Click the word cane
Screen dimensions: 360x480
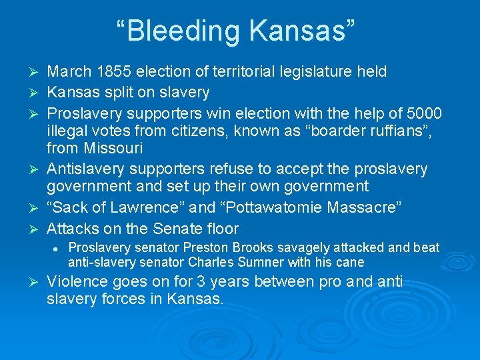coord(351,262)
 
